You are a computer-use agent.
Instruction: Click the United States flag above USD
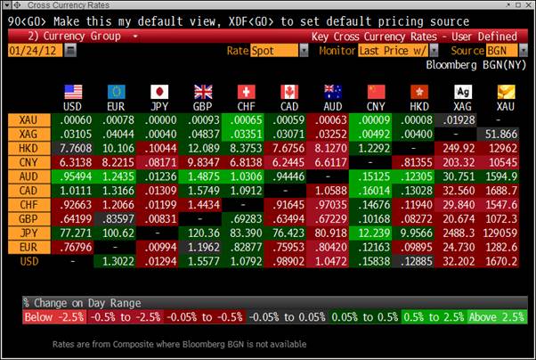tap(74, 92)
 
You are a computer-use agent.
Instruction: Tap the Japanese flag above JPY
tap(159, 92)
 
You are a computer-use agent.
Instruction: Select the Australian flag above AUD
tap(332, 92)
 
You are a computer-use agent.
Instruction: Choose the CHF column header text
tap(245, 106)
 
